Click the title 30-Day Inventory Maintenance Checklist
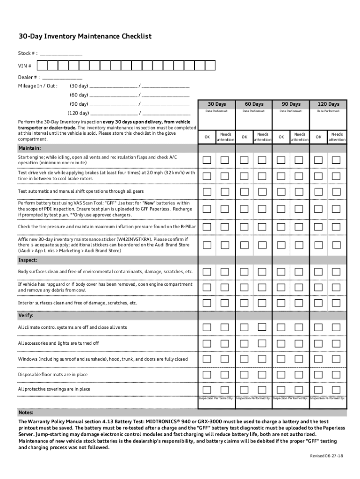click(x=85, y=36)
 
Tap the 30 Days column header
click(x=216, y=104)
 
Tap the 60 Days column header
click(x=254, y=104)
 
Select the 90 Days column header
click(x=291, y=104)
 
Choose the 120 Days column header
click(x=328, y=104)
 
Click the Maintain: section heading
click(x=29, y=148)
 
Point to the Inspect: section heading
click(x=28, y=260)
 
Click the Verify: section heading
click(x=26, y=316)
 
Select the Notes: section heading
click(x=26, y=413)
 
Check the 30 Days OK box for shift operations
click(x=207, y=191)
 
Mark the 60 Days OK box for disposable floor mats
click(x=244, y=375)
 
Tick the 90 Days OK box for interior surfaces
click(x=281, y=303)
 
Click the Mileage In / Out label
click(x=38, y=86)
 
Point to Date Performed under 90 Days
click(x=291, y=111)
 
